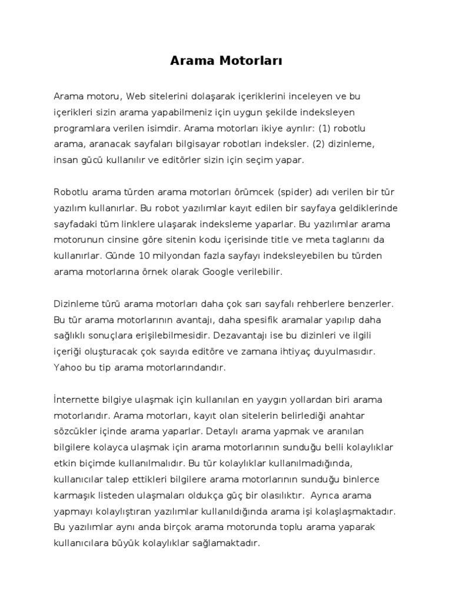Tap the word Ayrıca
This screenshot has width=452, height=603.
point(328,495)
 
